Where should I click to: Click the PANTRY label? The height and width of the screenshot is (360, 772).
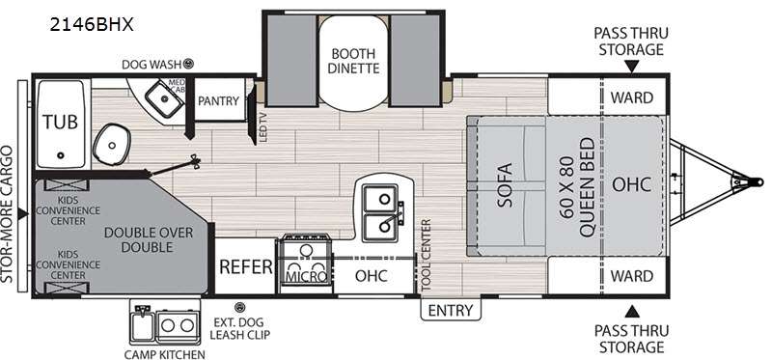point(218,100)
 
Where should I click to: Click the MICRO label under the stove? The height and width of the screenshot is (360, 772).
point(305,277)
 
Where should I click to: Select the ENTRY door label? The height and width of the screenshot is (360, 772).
point(451,310)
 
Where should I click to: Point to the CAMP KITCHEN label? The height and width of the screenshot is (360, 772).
point(165,353)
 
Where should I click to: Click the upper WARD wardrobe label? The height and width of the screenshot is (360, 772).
point(631,97)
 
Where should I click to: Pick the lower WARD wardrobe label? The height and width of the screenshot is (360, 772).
point(631,276)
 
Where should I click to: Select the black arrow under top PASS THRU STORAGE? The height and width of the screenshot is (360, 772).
point(631,67)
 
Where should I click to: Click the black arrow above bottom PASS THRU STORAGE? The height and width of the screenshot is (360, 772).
point(631,310)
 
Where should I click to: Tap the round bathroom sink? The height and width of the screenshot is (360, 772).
point(110,147)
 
